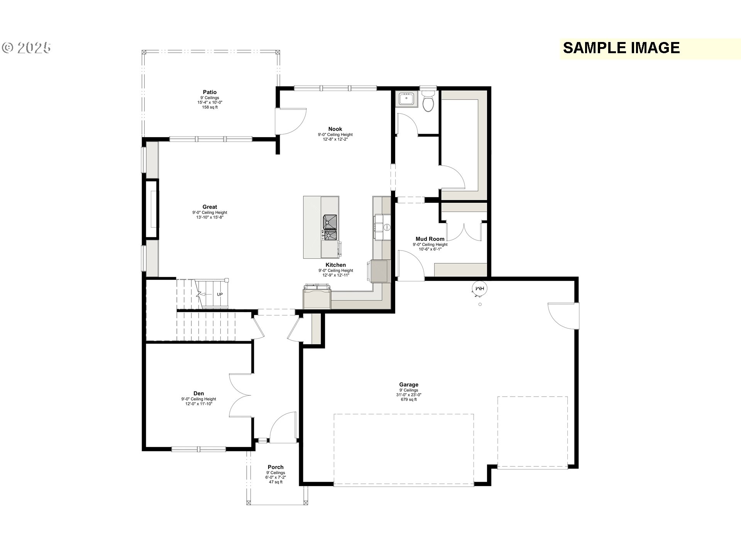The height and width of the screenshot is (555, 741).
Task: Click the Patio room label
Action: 210,92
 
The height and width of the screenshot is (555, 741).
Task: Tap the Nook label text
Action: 335,129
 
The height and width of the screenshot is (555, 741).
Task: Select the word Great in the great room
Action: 210,207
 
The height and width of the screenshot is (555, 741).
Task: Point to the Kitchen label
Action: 336,265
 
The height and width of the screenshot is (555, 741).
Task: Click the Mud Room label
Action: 430,239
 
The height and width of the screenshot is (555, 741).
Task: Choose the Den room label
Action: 199,394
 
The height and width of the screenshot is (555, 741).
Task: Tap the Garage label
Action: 409,384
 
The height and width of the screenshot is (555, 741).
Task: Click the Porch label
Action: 276,467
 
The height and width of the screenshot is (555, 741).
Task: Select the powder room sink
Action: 406,99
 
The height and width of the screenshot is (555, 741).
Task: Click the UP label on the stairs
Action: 220,294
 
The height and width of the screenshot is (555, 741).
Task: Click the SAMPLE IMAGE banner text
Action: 621,48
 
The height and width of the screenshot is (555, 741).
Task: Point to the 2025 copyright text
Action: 27,48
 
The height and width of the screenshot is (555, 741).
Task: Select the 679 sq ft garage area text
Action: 409,400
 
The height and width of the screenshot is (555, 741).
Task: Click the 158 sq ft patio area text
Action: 210,107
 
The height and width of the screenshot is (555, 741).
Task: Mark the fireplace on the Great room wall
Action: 152,209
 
